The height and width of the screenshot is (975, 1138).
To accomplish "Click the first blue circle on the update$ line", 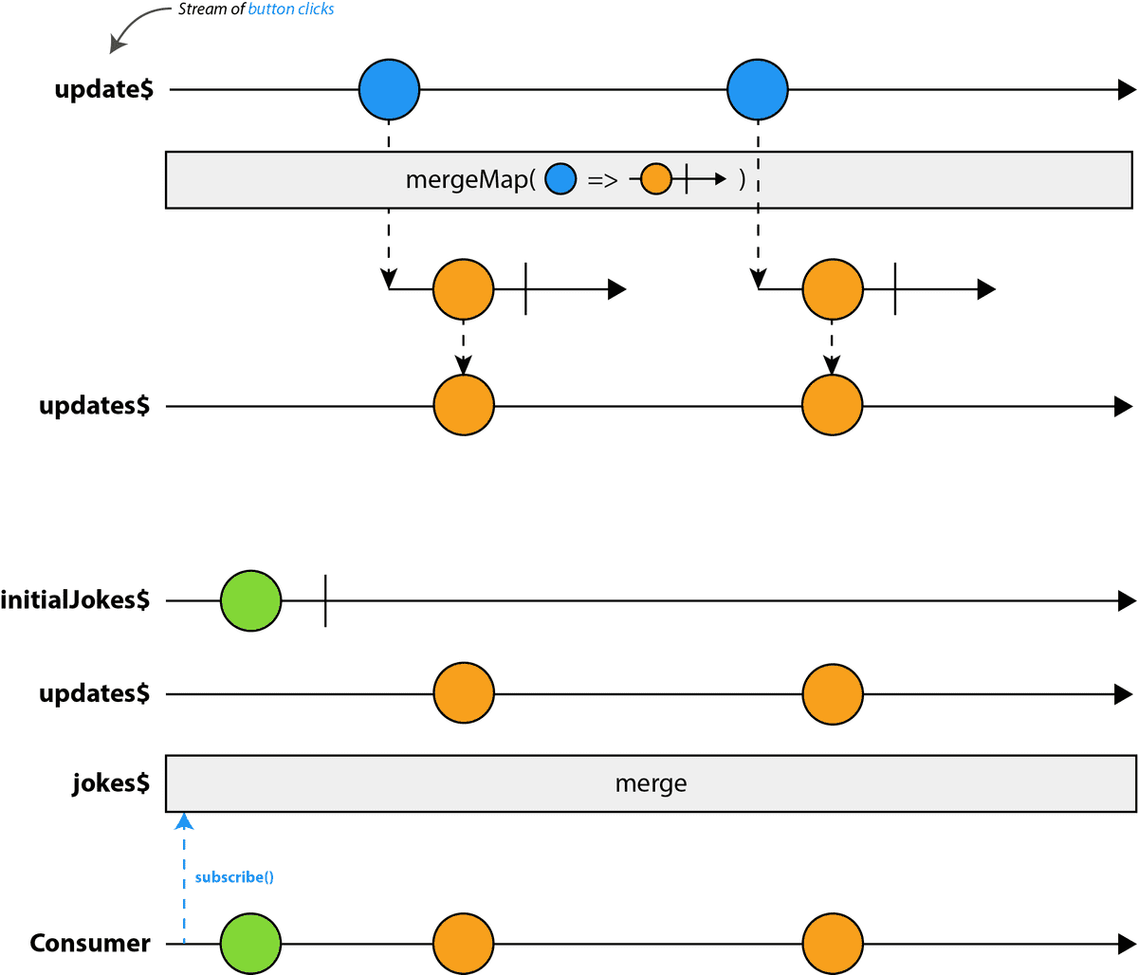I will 389,90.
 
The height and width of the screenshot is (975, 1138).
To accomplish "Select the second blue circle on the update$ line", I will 758,90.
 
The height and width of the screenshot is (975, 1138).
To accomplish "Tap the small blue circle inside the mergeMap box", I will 560,179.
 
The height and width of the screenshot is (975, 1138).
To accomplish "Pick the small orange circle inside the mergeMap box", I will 656,178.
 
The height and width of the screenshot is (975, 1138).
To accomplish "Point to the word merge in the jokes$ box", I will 651,783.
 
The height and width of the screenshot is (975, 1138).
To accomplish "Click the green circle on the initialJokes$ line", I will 251,600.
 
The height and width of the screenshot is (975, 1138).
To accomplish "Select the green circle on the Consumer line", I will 251,945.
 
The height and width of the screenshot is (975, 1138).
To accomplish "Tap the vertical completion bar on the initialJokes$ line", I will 325,600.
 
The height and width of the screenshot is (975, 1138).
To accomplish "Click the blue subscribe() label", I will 234,877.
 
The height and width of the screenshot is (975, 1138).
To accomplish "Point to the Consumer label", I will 90,943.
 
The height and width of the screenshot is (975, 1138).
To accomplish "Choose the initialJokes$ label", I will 76,600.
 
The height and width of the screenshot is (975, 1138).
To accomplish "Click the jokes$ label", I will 111,783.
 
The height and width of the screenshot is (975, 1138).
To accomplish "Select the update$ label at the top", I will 103,90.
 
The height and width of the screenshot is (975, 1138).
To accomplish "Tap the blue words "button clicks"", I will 291,9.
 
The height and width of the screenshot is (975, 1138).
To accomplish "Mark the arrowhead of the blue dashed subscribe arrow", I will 185,820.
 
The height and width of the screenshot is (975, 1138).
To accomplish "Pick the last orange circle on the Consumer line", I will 833,945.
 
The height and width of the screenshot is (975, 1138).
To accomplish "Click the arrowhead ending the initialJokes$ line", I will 1127,600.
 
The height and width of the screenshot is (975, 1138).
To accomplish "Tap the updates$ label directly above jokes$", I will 94,693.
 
